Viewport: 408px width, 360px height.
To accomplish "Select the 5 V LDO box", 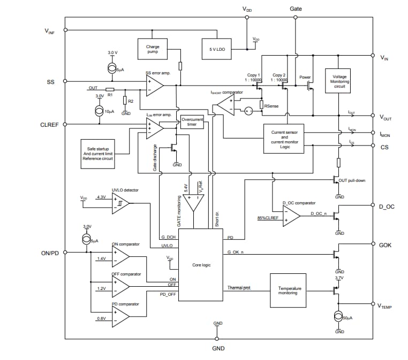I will click(216, 49).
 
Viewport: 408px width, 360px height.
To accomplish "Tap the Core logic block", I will click(200, 265).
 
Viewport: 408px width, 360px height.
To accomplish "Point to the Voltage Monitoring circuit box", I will click(339, 81).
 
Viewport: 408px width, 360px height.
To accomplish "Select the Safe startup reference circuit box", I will click(97, 154).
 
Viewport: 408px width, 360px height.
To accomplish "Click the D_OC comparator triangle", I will click(291, 215).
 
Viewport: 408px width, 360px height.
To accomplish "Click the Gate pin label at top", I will click(296, 9).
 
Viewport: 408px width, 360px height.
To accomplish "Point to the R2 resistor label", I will click(131, 101).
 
